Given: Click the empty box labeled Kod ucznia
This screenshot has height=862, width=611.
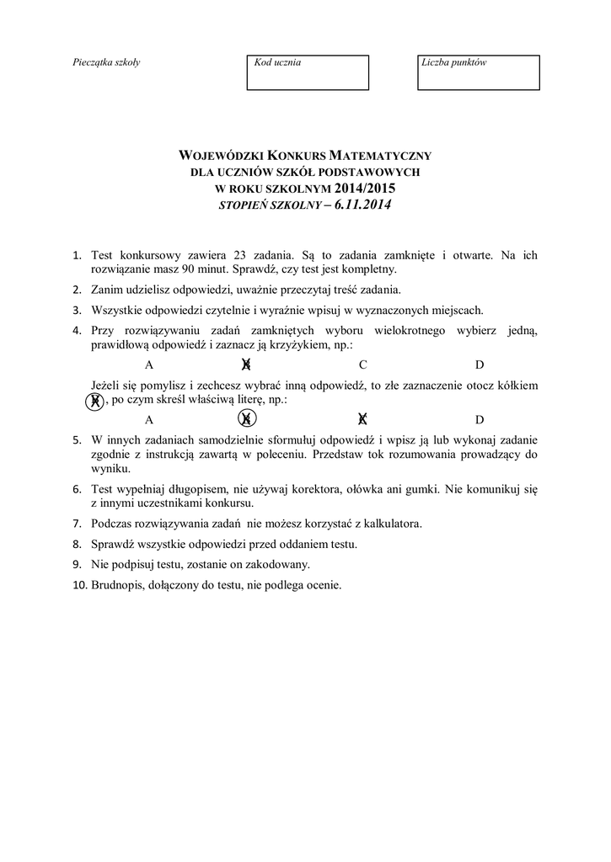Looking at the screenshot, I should click(x=308, y=72).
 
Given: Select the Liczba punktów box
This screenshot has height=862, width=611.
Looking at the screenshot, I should click(x=478, y=72).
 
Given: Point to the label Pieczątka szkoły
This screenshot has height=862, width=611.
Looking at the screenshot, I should click(x=107, y=62).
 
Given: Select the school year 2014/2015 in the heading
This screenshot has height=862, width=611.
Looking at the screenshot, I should click(x=364, y=188).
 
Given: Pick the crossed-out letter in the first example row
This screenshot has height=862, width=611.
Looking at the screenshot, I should click(x=246, y=364).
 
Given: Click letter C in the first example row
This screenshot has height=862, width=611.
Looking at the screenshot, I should click(x=363, y=364).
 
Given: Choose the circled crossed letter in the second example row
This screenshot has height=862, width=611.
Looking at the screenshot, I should click(x=246, y=418).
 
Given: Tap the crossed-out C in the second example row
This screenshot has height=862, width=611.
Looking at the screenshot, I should click(x=363, y=418).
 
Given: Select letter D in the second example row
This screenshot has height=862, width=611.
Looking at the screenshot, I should click(x=480, y=418).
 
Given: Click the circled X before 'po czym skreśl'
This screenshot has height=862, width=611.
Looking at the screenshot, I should click(x=95, y=401).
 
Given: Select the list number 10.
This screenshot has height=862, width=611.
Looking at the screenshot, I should click(x=79, y=585).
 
